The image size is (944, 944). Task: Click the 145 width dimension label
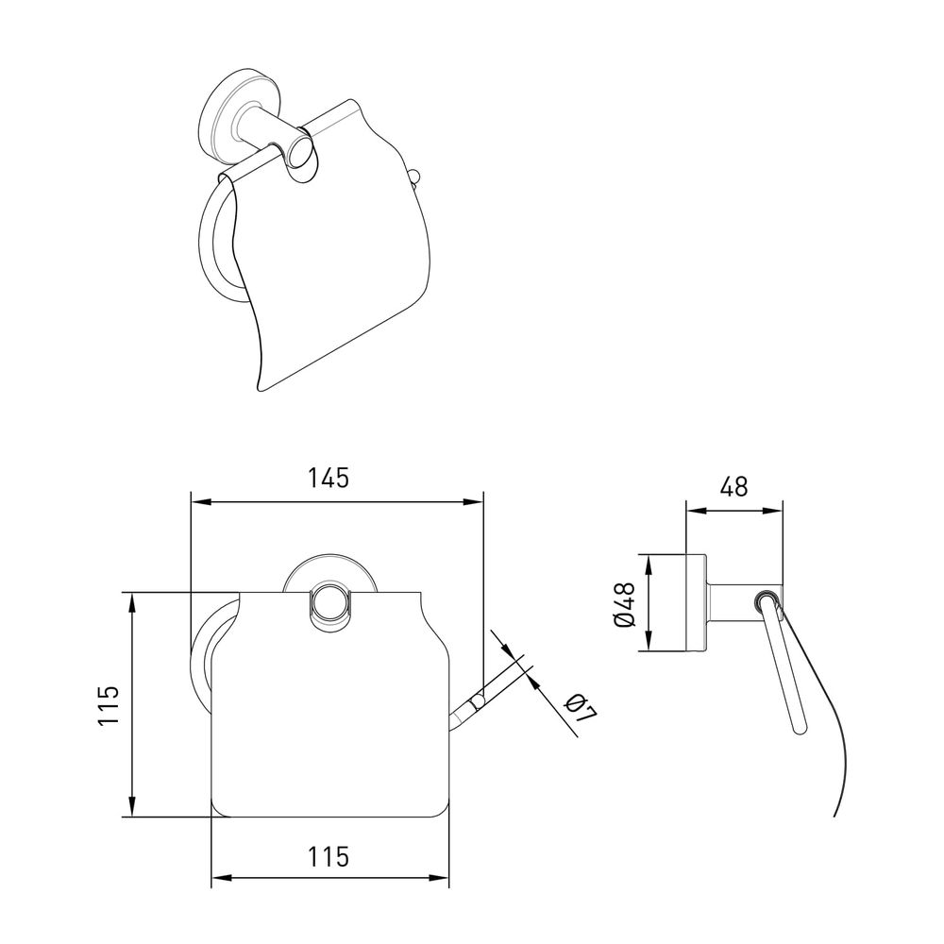coord(329,478)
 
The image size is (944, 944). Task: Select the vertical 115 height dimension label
coord(110,705)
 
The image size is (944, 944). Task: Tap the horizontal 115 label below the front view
coord(329,856)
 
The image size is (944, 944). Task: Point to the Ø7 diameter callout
coord(582,708)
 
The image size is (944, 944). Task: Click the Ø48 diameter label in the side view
coord(625,604)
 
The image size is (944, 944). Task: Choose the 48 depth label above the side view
coord(733,486)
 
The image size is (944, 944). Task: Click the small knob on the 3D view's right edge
coord(413,177)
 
